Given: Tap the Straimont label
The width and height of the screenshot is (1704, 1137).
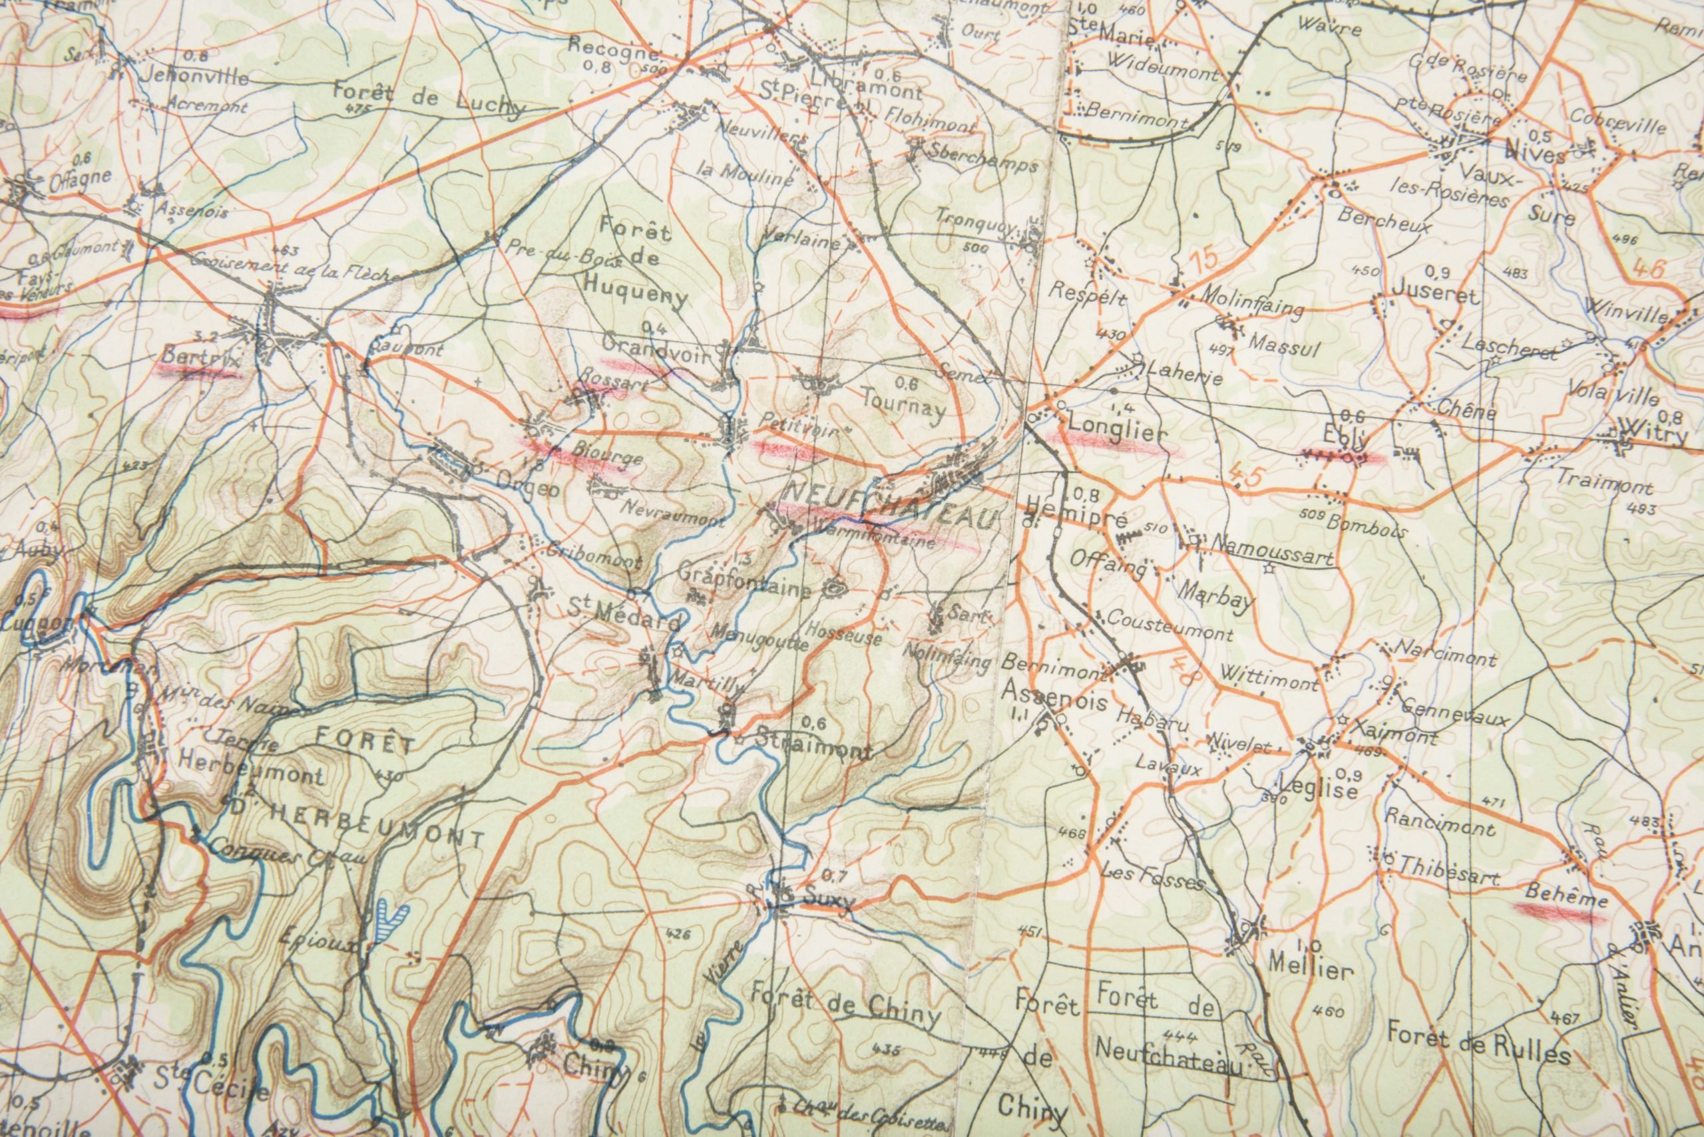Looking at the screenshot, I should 813,749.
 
